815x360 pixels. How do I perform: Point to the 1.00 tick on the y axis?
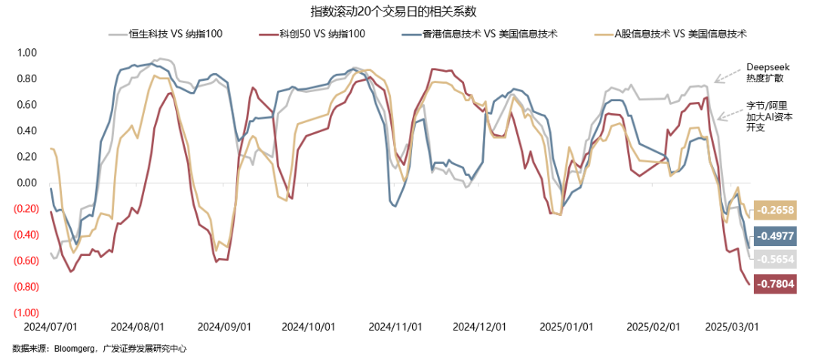(x=26, y=53)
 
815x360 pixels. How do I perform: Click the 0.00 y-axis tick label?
(x=26, y=183)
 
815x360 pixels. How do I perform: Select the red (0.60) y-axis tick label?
(x=25, y=260)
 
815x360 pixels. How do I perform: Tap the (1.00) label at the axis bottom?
(x=25, y=312)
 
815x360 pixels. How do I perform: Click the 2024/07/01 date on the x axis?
(x=51, y=327)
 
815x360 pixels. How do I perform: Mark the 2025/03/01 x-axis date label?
(x=730, y=327)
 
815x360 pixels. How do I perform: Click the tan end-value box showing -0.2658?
(x=775, y=210)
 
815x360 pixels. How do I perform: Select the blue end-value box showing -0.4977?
(x=775, y=235)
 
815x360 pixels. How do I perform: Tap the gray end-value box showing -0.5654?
(x=775, y=258)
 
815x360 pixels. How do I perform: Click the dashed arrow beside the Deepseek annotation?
(x=729, y=74)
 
